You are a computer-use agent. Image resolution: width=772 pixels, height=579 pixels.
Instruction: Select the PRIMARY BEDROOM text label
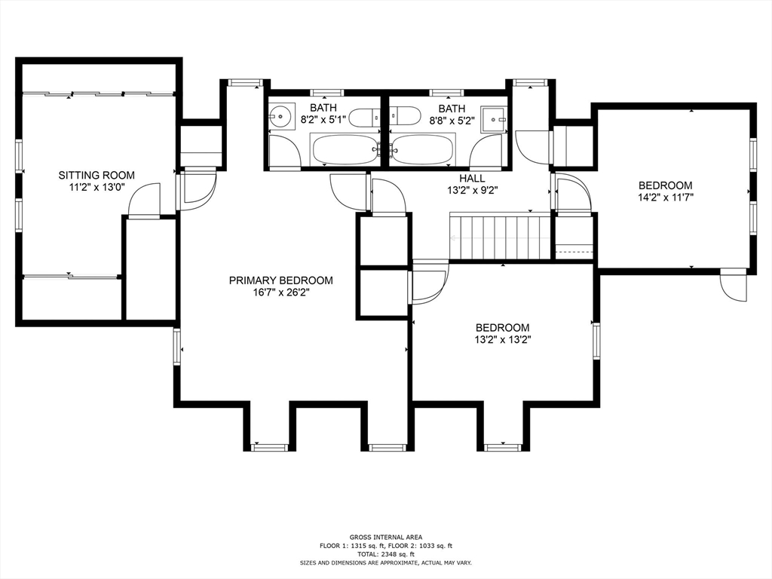click(280, 280)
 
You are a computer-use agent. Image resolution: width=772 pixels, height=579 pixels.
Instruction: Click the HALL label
click(472, 178)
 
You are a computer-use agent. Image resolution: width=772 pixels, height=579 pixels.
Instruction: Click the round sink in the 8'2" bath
click(280, 117)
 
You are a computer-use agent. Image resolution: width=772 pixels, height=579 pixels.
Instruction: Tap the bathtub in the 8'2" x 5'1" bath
click(344, 149)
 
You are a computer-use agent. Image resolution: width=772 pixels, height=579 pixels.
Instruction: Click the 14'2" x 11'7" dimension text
click(665, 197)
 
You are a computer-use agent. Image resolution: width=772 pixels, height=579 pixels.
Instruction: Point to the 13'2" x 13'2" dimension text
click(502, 339)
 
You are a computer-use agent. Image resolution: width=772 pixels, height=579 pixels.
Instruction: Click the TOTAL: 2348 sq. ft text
click(385, 554)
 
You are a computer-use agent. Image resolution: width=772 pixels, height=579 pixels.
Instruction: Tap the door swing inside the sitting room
click(145, 200)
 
